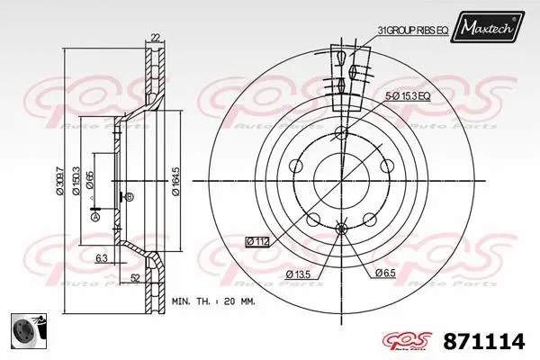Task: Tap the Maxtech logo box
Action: [x=489, y=29]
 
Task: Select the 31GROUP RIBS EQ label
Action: [x=412, y=30]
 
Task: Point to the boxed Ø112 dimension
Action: [x=258, y=240]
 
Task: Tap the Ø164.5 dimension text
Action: [x=176, y=176]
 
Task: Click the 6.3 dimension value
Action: [x=103, y=257]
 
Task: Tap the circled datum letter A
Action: [x=95, y=215]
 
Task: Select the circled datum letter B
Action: [x=130, y=196]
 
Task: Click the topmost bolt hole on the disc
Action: [x=340, y=134]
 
